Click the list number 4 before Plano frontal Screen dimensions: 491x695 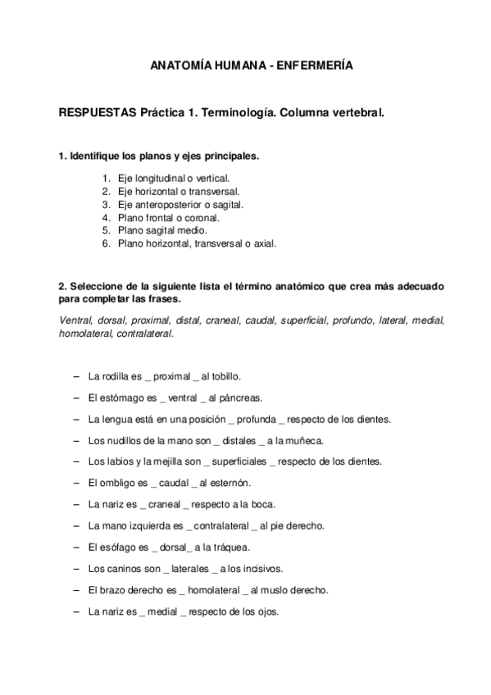click(x=106, y=217)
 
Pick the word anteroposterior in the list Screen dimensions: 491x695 click(x=168, y=204)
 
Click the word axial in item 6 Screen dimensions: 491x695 click(x=266, y=243)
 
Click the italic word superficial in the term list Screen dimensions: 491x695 click(x=302, y=320)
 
